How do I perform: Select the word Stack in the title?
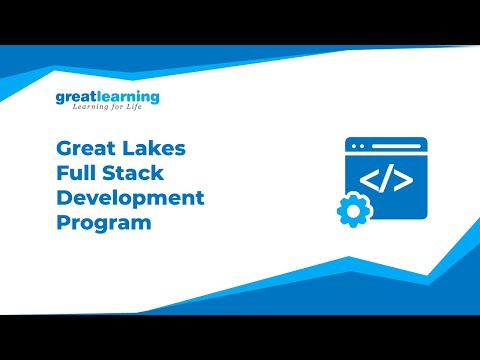(134, 173)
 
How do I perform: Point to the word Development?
(130, 197)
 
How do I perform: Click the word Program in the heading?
(104, 222)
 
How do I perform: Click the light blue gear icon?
(351, 211)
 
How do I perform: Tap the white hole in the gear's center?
(351, 211)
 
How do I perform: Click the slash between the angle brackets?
(387, 181)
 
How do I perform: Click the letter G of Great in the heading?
(64, 149)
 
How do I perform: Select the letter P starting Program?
(63, 222)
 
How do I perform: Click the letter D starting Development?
(64, 197)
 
